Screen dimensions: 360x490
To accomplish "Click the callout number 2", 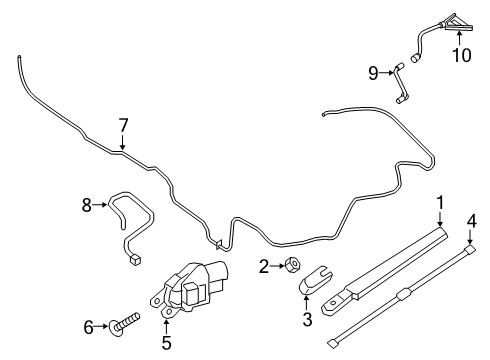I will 264,266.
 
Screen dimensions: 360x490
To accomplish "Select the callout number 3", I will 307,320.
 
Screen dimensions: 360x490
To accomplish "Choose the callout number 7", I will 123,125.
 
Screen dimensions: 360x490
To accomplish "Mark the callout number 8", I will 87,205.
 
